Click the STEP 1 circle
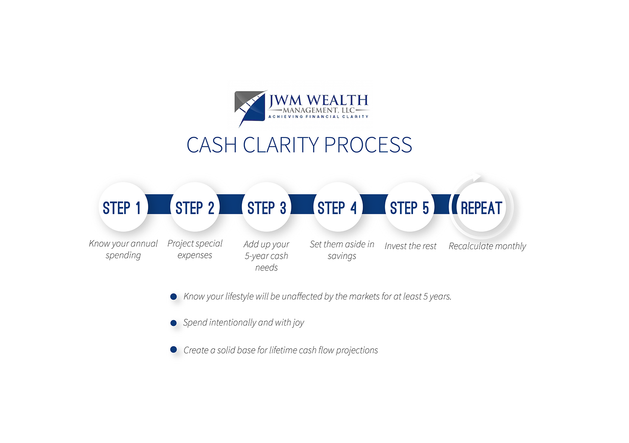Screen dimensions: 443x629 pyautogui.click(x=123, y=207)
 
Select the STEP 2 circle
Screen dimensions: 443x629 pyautogui.click(x=195, y=207)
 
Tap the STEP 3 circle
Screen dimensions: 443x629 pyautogui.click(x=267, y=207)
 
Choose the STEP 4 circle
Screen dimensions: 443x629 pyautogui.click(x=338, y=207)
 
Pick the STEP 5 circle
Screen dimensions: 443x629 pyautogui.click(x=410, y=207)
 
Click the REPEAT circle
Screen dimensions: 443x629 pyautogui.click(x=481, y=207)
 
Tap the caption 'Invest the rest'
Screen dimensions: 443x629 pyautogui.click(x=411, y=246)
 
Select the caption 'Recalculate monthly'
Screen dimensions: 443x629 pyautogui.click(x=487, y=246)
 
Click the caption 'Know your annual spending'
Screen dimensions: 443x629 pyautogui.click(x=123, y=249)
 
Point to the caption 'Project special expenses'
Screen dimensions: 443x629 pyautogui.click(x=195, y=249)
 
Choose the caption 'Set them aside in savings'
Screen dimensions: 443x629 pyautogui.click(x=342, y=250)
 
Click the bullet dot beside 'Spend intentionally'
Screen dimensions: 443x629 pyautogui.click(x=174, y=323)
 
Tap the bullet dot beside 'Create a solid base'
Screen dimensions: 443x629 pyautogui.click(x=174, y=349)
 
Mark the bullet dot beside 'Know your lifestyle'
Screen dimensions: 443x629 pyautogui.click(x=174, y=297)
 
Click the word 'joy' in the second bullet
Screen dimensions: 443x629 pyautogui.click(x=299, y=323)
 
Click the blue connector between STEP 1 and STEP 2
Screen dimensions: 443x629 pyautogui.click(x=159, y=204)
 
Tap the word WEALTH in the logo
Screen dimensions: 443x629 pyautogui.click(x=338, y=101)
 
